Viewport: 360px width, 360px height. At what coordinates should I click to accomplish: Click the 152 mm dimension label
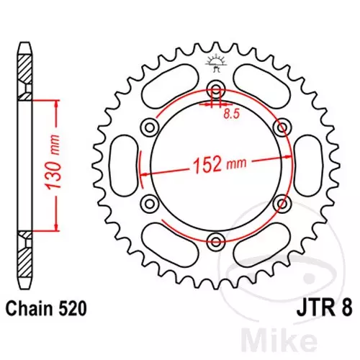[x=220, y=164]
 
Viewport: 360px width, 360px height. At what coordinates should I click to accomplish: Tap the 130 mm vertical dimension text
[x=53, y=163]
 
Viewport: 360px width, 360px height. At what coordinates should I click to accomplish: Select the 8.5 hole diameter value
[x=232, y=114]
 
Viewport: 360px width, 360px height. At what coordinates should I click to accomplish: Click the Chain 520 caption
[x=46, y=309]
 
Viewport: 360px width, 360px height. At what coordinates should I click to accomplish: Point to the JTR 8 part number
[x=325, y=309]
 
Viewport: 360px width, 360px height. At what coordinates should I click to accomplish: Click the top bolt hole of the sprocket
[x=216, y=89]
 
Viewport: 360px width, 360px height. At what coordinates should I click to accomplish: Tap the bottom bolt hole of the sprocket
[x=216, y=242]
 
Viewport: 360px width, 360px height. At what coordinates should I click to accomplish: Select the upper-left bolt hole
[x=150, y=127]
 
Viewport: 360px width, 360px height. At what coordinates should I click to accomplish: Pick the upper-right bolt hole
[x=282, y=127]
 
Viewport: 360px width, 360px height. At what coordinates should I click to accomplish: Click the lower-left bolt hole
[x=150, y=204]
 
